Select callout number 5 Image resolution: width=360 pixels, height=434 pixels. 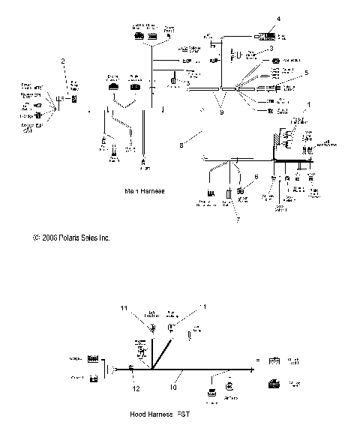[x=306, y=73]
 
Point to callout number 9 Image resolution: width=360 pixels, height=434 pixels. [x=221, y=112]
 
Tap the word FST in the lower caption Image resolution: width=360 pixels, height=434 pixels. [x=178, y=414]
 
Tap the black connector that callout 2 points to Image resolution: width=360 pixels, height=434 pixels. [x=73, y=98]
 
